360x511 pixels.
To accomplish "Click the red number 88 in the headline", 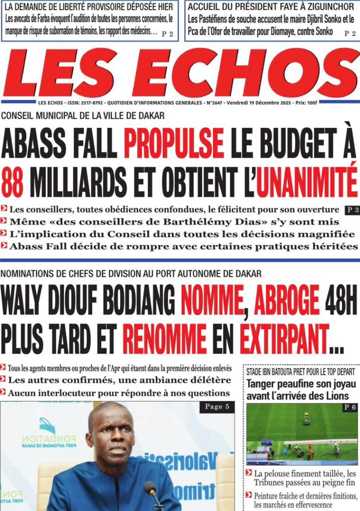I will pyautogui.click(x=12, y=181).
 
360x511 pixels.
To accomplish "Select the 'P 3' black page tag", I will pyautogui.click(x=352, y=210).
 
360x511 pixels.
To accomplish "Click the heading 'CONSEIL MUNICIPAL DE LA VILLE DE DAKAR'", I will pyautogui.click(x=82, y=116).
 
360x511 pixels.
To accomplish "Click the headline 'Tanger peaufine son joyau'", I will pyautogui.click(x=301, y=384).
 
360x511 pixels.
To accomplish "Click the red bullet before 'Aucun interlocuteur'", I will pyautogui.click(x=4, y=393).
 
